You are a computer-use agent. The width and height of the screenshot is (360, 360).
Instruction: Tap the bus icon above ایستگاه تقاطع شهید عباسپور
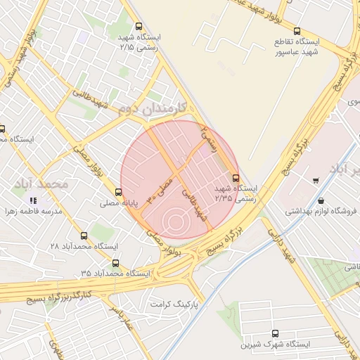297,31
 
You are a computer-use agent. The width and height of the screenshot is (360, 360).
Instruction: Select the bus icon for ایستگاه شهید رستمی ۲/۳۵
235,178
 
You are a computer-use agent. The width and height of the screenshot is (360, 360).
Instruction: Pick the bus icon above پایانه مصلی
117,192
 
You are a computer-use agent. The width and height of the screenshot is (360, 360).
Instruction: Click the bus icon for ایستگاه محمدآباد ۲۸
84,236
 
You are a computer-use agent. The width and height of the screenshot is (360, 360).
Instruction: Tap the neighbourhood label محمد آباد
42,183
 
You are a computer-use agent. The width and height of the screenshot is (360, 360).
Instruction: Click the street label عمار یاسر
120,317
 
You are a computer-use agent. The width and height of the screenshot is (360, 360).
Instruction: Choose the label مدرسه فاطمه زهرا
34,212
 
